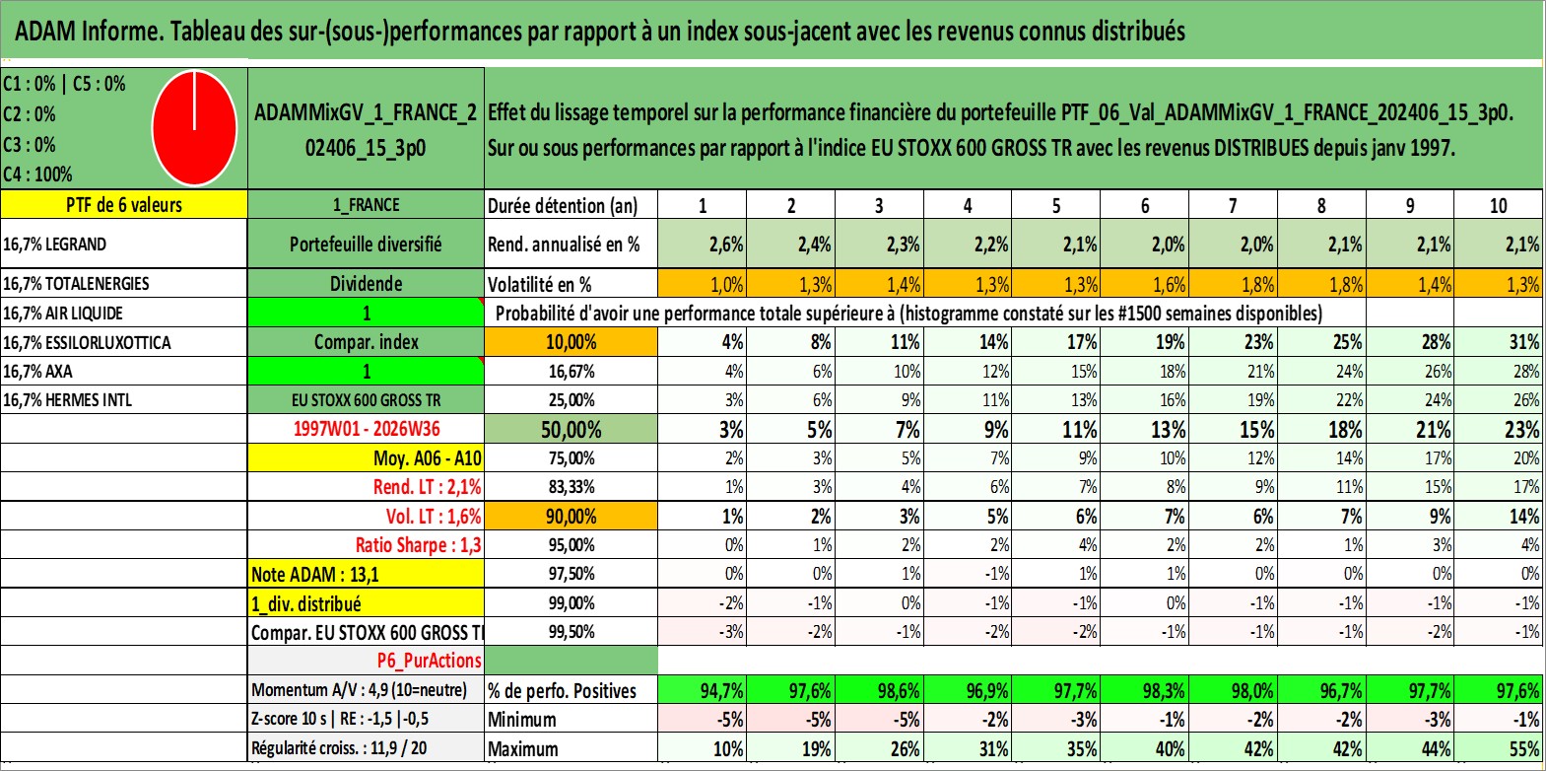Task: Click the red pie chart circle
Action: coord(195,128)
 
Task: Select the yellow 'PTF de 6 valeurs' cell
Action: coord(123,204)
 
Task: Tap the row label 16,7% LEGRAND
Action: coord(55,244)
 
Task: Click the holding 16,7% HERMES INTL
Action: coord(68,400)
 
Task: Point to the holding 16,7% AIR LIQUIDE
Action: coord(63,313)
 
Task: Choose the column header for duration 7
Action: coord(1233,205)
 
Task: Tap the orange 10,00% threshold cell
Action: coord(571,342)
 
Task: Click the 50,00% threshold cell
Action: coord(571,429)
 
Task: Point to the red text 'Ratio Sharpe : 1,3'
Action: coord(418,545)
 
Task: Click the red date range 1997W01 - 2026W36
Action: coord(367,429)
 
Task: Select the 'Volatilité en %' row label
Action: coord(540,284)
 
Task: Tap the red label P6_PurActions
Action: coord(429,661)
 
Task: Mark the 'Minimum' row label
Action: coord(522,720)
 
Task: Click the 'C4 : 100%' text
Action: coord(37,175)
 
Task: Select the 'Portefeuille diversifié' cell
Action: coord(366,244)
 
